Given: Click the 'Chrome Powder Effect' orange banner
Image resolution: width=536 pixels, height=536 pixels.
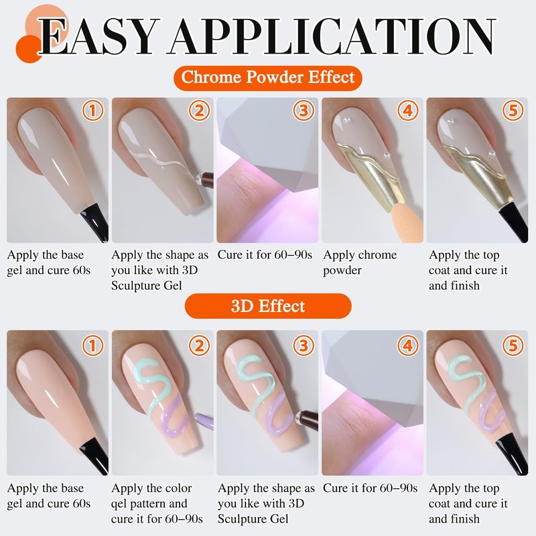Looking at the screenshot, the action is click(x=267, y=78).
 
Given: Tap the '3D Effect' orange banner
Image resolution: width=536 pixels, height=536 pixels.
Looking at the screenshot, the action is click(x=268, y=306).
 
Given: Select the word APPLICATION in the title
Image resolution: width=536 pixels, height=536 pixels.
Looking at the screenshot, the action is click(x=331, y=37).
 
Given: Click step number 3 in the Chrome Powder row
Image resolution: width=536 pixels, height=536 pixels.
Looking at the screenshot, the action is click(x=304, y=111).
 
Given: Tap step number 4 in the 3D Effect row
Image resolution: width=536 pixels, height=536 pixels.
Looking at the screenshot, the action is click(x=408, y=346).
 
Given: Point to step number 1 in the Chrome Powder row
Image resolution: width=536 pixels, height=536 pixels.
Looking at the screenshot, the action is click(x=92, y=111).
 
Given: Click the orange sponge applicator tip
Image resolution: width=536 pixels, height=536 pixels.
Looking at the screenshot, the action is click(x=402, y=219).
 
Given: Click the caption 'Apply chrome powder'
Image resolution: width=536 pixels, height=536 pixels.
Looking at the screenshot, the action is click(x=360, y=263).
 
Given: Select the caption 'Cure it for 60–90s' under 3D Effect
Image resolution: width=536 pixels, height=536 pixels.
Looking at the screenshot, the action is click(x=371, y=488).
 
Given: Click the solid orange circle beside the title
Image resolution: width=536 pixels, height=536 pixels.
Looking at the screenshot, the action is click(x=29, y=49).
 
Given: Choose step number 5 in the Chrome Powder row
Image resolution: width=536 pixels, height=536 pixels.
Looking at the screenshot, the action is click(x=513, y=111).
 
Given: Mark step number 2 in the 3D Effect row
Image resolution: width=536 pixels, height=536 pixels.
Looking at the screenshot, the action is click(x=199, y=346).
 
